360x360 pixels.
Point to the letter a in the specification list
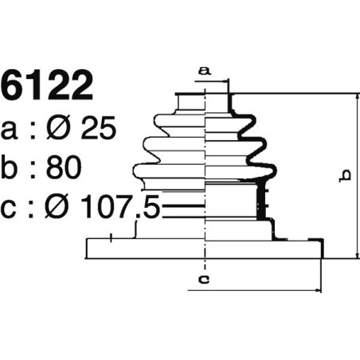(x=12, y=130)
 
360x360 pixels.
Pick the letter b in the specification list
(x=13, y=168)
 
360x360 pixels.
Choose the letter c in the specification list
(x=12, y=210)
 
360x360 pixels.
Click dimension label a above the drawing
(x=204, y=71)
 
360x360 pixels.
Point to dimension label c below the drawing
(x=204, y=279)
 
